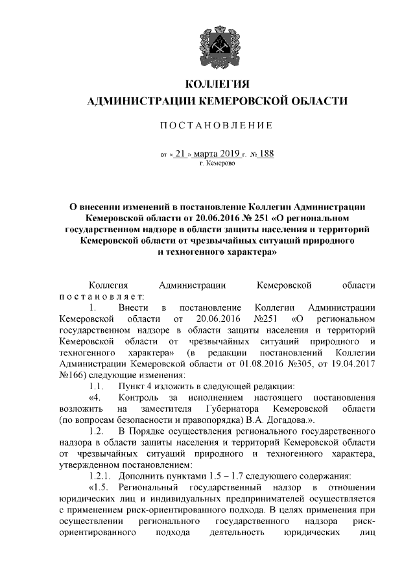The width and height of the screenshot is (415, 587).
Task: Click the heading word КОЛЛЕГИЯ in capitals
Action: [217, 84]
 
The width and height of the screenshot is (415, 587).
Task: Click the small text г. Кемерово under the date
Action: [217, 165]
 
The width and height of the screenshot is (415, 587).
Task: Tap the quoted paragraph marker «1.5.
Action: [97, 487]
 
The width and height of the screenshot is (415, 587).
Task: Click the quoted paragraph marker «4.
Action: [95, 398]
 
